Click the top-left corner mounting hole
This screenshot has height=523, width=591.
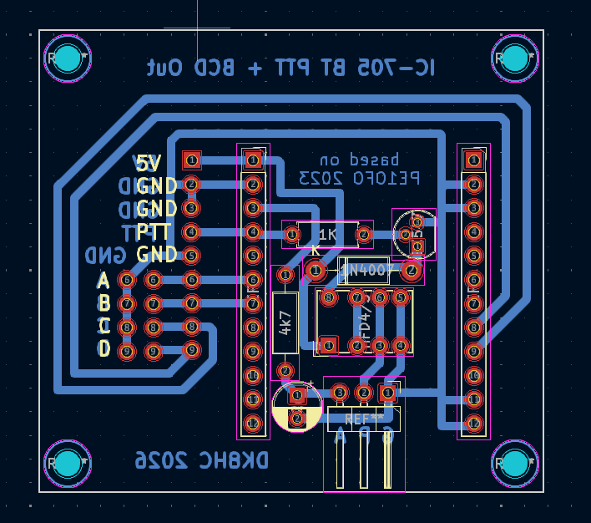pyautogui.click(x=68, y=58)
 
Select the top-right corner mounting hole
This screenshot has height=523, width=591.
pyautogui.click(x=514, y=58)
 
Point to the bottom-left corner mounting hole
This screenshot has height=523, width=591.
pyautogui.click(x=68, y=462)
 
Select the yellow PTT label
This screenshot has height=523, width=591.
pyautogui.click(x=156, y=231)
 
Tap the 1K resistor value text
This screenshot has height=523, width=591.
pyautogui.click(x=328, y=236)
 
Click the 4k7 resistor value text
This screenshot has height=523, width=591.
pyautogui.click(x=285, y=323)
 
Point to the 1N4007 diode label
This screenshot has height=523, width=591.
pyautogui.click(x=366, y=270)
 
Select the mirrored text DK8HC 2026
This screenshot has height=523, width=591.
pyautogui.click(x=203, y=460)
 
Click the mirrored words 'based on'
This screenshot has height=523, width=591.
pyautogui.click(x=360, y=159)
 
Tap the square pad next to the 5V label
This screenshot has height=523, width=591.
pyautogui.click(x=191, y=160)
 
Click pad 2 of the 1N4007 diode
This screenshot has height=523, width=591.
pyautogui.click(x=410, y=270)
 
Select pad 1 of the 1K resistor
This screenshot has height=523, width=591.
pyautogui.click(x=291, y=236)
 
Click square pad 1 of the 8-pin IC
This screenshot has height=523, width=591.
pyautogui.click(x=328, y=344)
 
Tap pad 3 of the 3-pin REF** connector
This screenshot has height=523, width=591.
pyautogui.click(x=340, y=392)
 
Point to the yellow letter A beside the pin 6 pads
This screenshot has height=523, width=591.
pyautogui.click(x=104, y=280)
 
